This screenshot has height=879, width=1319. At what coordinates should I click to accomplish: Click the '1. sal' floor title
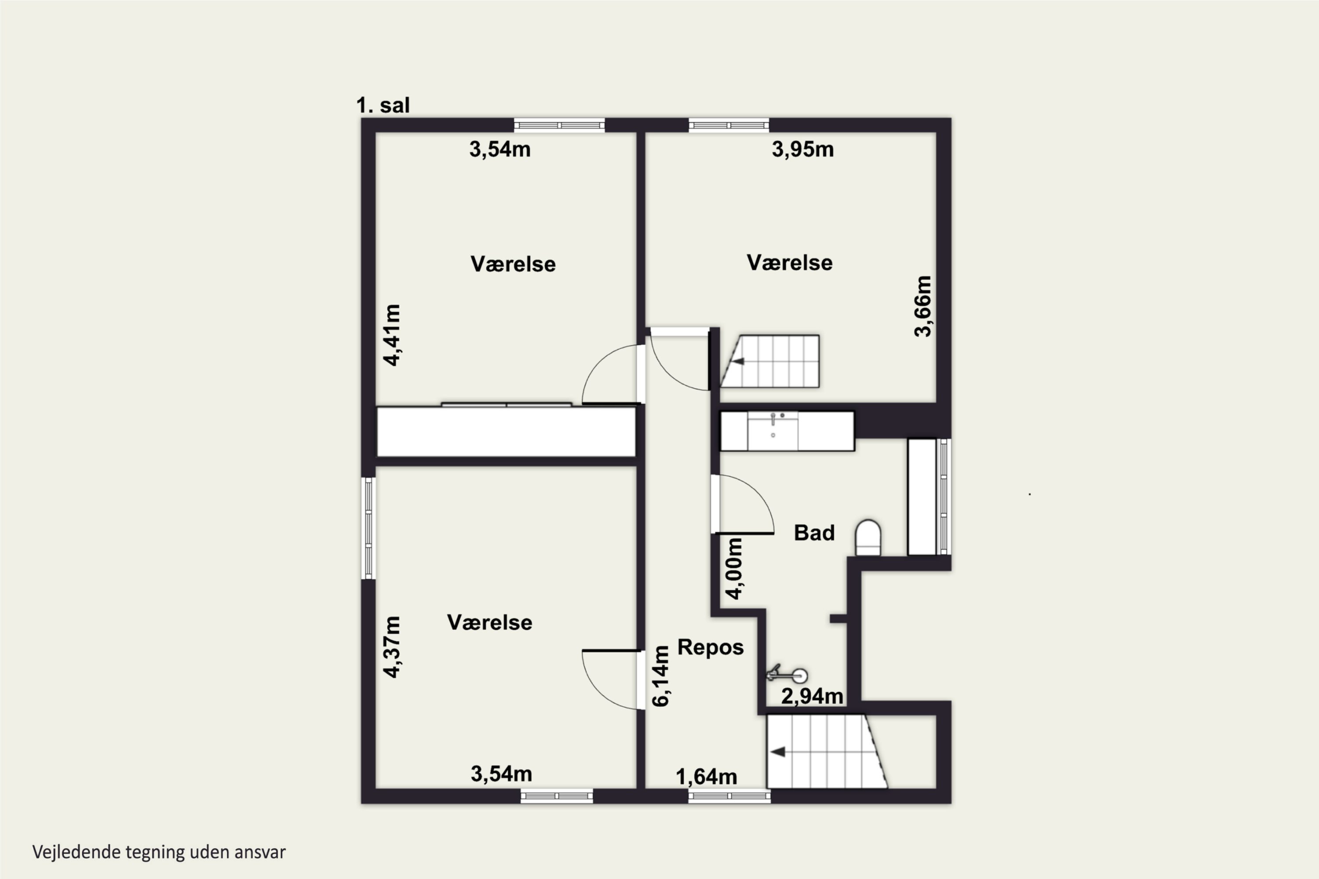pyautogui.click(x=383, y=105)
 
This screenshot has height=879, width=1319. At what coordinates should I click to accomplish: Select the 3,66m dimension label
pyautogui.click(x=922, y=306)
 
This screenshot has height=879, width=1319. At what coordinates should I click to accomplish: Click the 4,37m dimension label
pyautogui.click(x=392, y=647)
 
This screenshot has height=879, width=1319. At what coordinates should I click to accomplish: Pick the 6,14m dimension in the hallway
pyautogui.click(x=661, y=676)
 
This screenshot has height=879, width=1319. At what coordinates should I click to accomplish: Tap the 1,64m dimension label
pyautogui.click(x=706, y=777)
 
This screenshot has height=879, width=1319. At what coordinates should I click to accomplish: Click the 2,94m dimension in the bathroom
pyautogui.click(x=812, y=696)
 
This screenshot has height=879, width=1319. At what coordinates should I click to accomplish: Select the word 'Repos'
pyautogui.click(x=711, y=647)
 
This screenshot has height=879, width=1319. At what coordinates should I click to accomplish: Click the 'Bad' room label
pyautogui.click(x=814, y=533)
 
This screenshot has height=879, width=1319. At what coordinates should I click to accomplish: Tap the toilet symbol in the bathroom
pyautogui.click(x=867, y=538)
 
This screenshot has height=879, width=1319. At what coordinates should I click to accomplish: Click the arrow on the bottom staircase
pyautogui.click(x=777, y=752)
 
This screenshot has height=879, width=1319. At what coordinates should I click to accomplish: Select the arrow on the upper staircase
pyautogui.click(x=738, y=362)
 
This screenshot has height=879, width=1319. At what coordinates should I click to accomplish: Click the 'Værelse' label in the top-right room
pyautogui.click(x=790, y=262)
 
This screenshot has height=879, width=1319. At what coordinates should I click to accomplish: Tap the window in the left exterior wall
pyautogui.click(x=368, y=528)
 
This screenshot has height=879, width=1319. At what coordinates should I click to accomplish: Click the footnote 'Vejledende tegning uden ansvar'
pyautogui.click(x=159, y=852)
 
